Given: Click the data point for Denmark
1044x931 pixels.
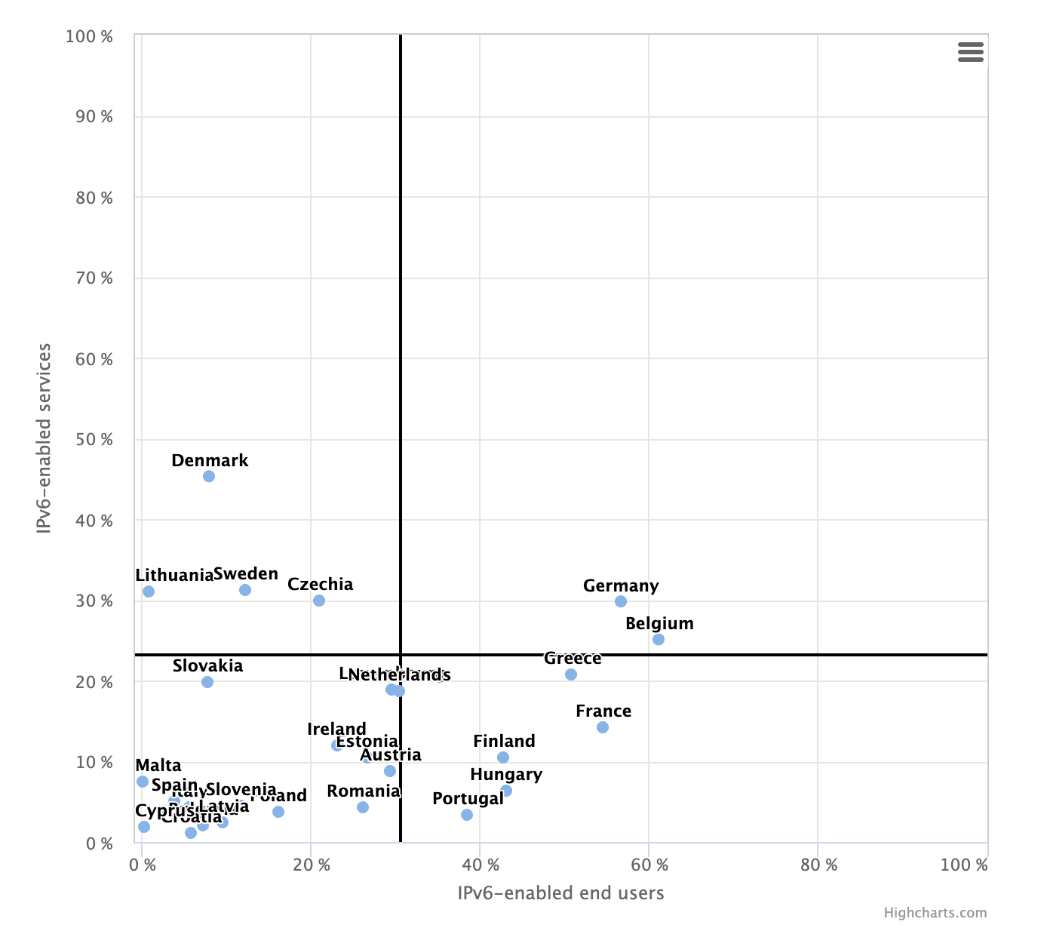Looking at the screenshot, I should click(x=209, y=476).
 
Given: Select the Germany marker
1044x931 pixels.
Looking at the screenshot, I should click(x=621, y=601).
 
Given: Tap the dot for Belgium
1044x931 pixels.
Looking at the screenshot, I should click(x=659, y=639).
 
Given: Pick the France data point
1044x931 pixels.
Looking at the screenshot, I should click(x=603, y=727).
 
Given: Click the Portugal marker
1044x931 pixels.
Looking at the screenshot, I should click(x=467, y=815).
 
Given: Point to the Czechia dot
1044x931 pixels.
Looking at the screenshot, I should click(x=319, y=601).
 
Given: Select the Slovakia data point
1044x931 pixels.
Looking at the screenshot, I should click(x=207, y=682).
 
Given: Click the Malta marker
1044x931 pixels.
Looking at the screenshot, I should click(x=143, y=782).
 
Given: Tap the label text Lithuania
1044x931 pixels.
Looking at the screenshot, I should click(x=174, y=576).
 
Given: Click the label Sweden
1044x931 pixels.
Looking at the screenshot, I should click(x=246, y=574).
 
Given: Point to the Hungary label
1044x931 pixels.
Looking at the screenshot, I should click(x=506, y=775).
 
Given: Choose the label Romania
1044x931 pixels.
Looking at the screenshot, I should click(x=363, y=791).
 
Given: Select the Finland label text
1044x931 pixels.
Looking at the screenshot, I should click(x=504, y=742).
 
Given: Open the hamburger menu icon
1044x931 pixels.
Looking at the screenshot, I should click(x=971, y=52).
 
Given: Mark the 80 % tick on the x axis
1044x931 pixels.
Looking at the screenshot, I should click(x=818, y=865).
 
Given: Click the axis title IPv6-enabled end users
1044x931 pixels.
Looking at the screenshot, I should click(x=560, y=893).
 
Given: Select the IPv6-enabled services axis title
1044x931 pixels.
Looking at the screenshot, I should click(x=45, y=438).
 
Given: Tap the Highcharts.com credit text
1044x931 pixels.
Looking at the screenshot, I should click(x=935, y=913).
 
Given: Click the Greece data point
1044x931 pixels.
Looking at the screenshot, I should click(x=571, y=674).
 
